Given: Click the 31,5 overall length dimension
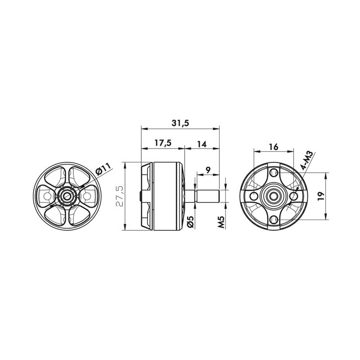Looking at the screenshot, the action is (x=180, y=123).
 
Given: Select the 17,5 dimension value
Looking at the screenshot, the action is (x=163, y=143).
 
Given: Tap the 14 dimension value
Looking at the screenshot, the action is (x=202, y=144).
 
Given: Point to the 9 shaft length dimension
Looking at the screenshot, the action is (x=208, y=170).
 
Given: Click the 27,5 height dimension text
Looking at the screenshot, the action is (x=120, y=197).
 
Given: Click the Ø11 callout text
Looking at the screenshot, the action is (x=103, y=169).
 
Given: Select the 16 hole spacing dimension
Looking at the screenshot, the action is (x=274, y=147).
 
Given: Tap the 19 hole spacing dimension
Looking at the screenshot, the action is (x=321, y=196).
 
